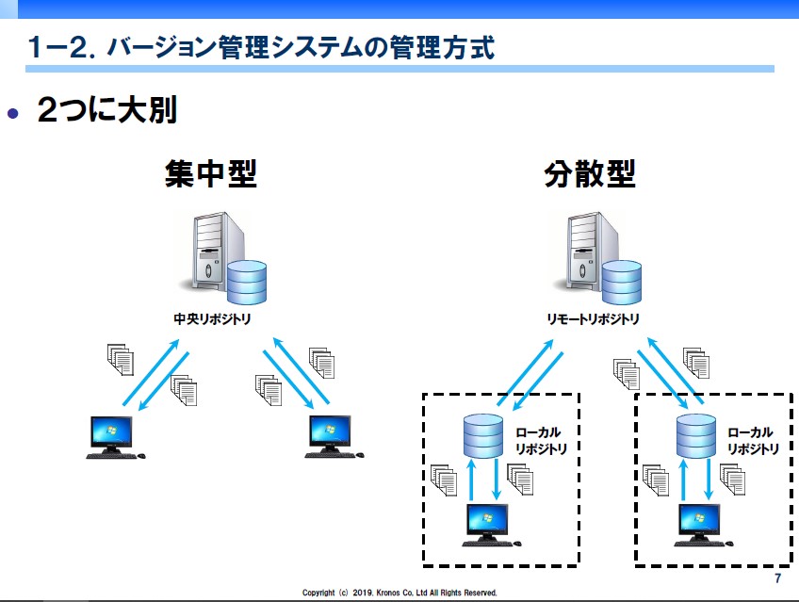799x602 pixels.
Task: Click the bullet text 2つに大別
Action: point(107,112)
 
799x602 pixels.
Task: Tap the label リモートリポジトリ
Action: point(593,318)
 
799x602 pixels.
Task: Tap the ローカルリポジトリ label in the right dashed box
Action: point(753,441)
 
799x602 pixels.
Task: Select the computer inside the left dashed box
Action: point(485,525)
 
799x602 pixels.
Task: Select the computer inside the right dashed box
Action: point(699,525)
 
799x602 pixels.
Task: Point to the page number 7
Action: point(777,578)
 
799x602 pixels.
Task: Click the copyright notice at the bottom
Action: point(399,593)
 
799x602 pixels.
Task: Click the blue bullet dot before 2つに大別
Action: point(13,114)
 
